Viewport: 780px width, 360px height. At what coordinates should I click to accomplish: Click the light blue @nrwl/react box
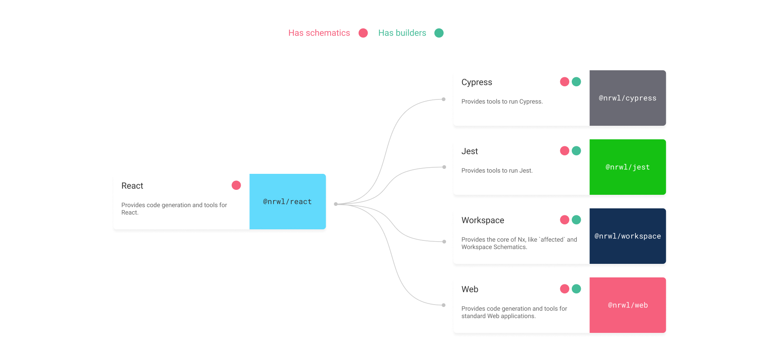(x=288, y=201)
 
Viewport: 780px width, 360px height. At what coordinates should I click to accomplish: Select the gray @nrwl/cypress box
(x=628, y=98)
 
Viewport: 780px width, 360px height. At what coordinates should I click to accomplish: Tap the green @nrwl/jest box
(x=628, y=167)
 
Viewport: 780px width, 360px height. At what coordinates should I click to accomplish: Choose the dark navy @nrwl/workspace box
(x=628, y=236)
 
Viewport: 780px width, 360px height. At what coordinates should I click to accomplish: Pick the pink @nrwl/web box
(x=628, y=305)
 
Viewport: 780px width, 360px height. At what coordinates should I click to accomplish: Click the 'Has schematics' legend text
(x=319, y=33)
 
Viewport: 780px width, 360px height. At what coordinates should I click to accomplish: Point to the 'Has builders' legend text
(x=402, y=33)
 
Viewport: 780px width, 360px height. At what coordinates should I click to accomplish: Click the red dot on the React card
(x=236, y=185)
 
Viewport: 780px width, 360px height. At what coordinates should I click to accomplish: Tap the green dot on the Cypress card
(x=576, y=82)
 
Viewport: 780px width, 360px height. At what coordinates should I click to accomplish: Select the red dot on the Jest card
(x=565, y=151)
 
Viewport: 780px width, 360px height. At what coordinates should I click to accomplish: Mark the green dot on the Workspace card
(x=576, y=220)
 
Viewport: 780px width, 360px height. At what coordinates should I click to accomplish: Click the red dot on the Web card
(x=565, y=289)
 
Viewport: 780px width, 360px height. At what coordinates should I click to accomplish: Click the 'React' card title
(x=132, y=186)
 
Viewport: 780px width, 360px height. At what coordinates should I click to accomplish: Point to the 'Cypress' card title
(x=476, y=82)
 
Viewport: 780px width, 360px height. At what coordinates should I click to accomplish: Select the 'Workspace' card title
(x=483, y=220)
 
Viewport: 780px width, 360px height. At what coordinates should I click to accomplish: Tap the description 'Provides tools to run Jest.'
(x=497, y=171)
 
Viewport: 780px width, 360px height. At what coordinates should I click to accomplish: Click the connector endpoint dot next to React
(x=336, y=204)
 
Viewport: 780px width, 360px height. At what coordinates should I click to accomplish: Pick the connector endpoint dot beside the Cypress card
(x=444, y=99)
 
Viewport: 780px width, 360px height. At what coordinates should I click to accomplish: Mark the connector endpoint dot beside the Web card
(x=444, y=305)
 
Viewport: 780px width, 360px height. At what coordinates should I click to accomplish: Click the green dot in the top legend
(x=439, y=33)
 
